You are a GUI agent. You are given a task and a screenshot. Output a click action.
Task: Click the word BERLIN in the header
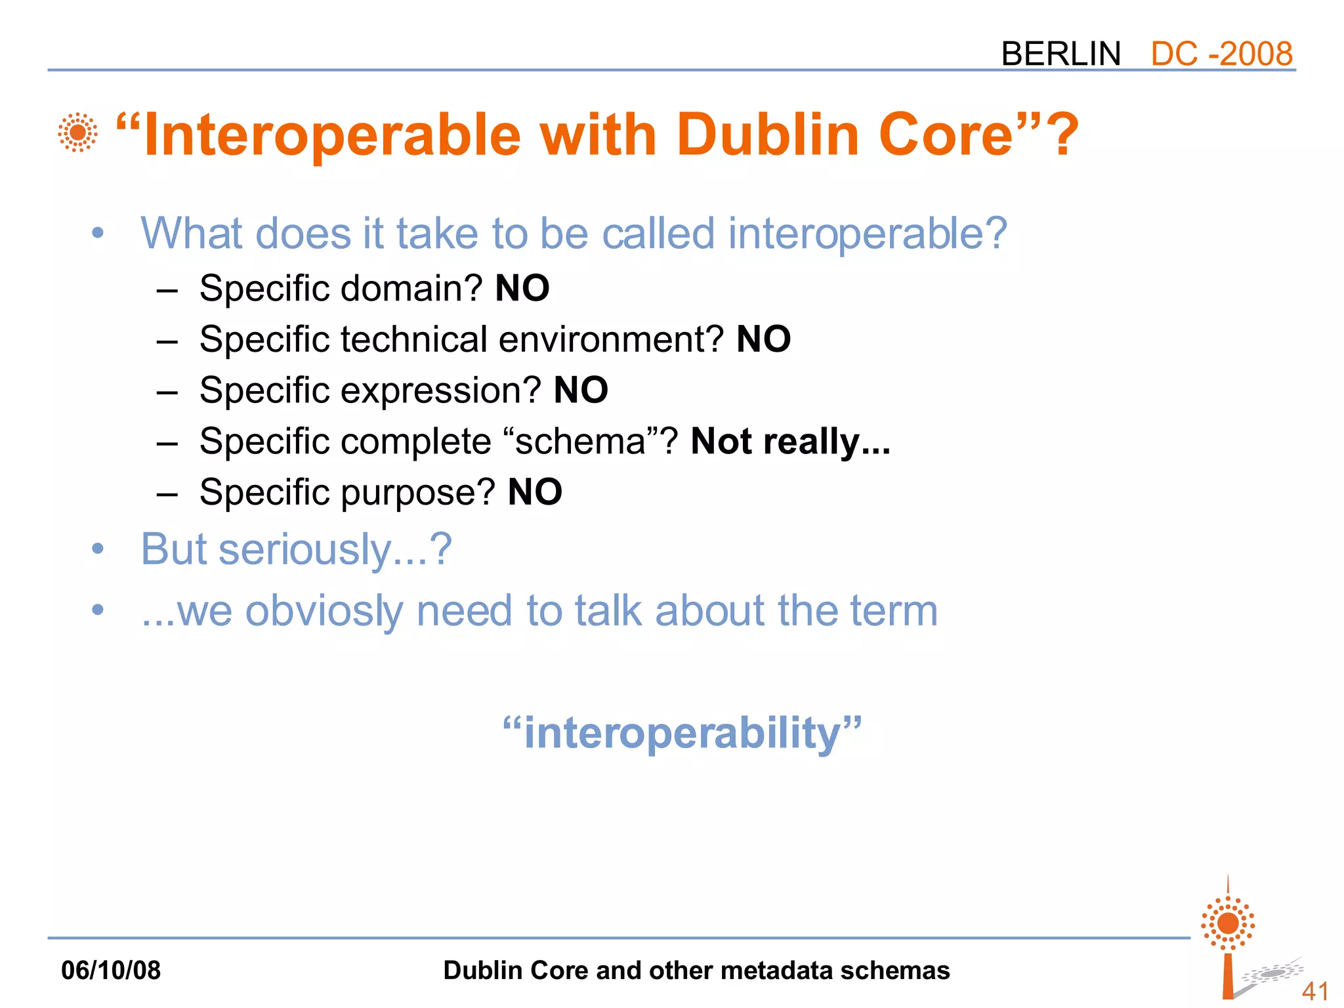click(x=1060, y=54)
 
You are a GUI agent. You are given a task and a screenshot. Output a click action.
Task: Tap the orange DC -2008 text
click(x=1221, y=54)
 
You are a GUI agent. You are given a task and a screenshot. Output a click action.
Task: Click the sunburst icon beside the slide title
click(x=77, y=133)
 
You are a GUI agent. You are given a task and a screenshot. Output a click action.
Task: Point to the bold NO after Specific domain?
click(x=522, y=288)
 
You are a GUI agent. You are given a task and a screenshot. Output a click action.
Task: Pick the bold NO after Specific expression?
click(x=581, y=390)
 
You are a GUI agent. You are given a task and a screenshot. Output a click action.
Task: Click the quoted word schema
click(x=581, y=442)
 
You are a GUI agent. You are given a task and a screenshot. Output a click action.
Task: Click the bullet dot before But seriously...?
click(x=98, y=549)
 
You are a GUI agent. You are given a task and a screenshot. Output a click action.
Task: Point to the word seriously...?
click(x=335, y=549)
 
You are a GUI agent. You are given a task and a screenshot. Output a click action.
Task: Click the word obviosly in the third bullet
click(x=324, y=611)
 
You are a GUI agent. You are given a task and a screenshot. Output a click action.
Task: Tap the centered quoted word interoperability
click(x=682, y=733)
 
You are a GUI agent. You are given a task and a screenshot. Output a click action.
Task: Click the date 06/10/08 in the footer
click(x=111, y=970)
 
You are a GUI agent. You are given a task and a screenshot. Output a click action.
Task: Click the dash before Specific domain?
click(x=167, y=289)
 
